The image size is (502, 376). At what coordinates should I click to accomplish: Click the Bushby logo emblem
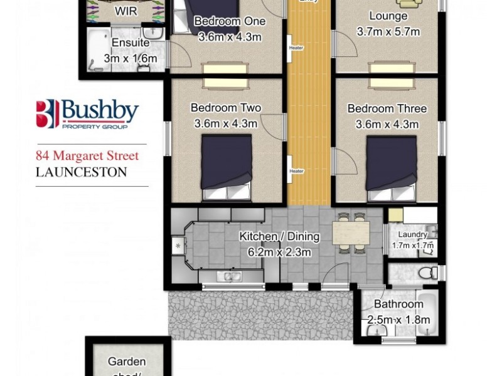[x=47, y=113]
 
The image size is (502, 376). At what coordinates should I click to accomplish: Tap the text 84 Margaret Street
[x=87, y=155]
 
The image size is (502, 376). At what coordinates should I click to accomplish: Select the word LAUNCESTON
[x=82, y=171]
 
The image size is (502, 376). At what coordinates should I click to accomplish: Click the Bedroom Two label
[x=226, y=108]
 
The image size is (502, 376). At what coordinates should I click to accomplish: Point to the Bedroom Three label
[x=387, y=109]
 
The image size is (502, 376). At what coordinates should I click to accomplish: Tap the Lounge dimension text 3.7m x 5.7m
[x=388, y=32]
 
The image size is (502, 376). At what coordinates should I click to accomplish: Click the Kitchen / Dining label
[x=279, y=237]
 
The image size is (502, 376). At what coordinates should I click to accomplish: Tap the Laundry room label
[x=412, y=234]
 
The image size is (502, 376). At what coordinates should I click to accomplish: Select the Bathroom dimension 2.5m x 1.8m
[x=398, y=320]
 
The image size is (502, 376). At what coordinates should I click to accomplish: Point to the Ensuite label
[x=130, y=43]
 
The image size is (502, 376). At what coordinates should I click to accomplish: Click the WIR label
[x=125, y=11]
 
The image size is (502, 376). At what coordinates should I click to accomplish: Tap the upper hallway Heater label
[x=296, y=48]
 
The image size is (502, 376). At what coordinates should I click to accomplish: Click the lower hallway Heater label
[x=296, y=171]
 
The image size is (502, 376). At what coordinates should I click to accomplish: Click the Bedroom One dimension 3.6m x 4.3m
[x=230, y=37]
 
